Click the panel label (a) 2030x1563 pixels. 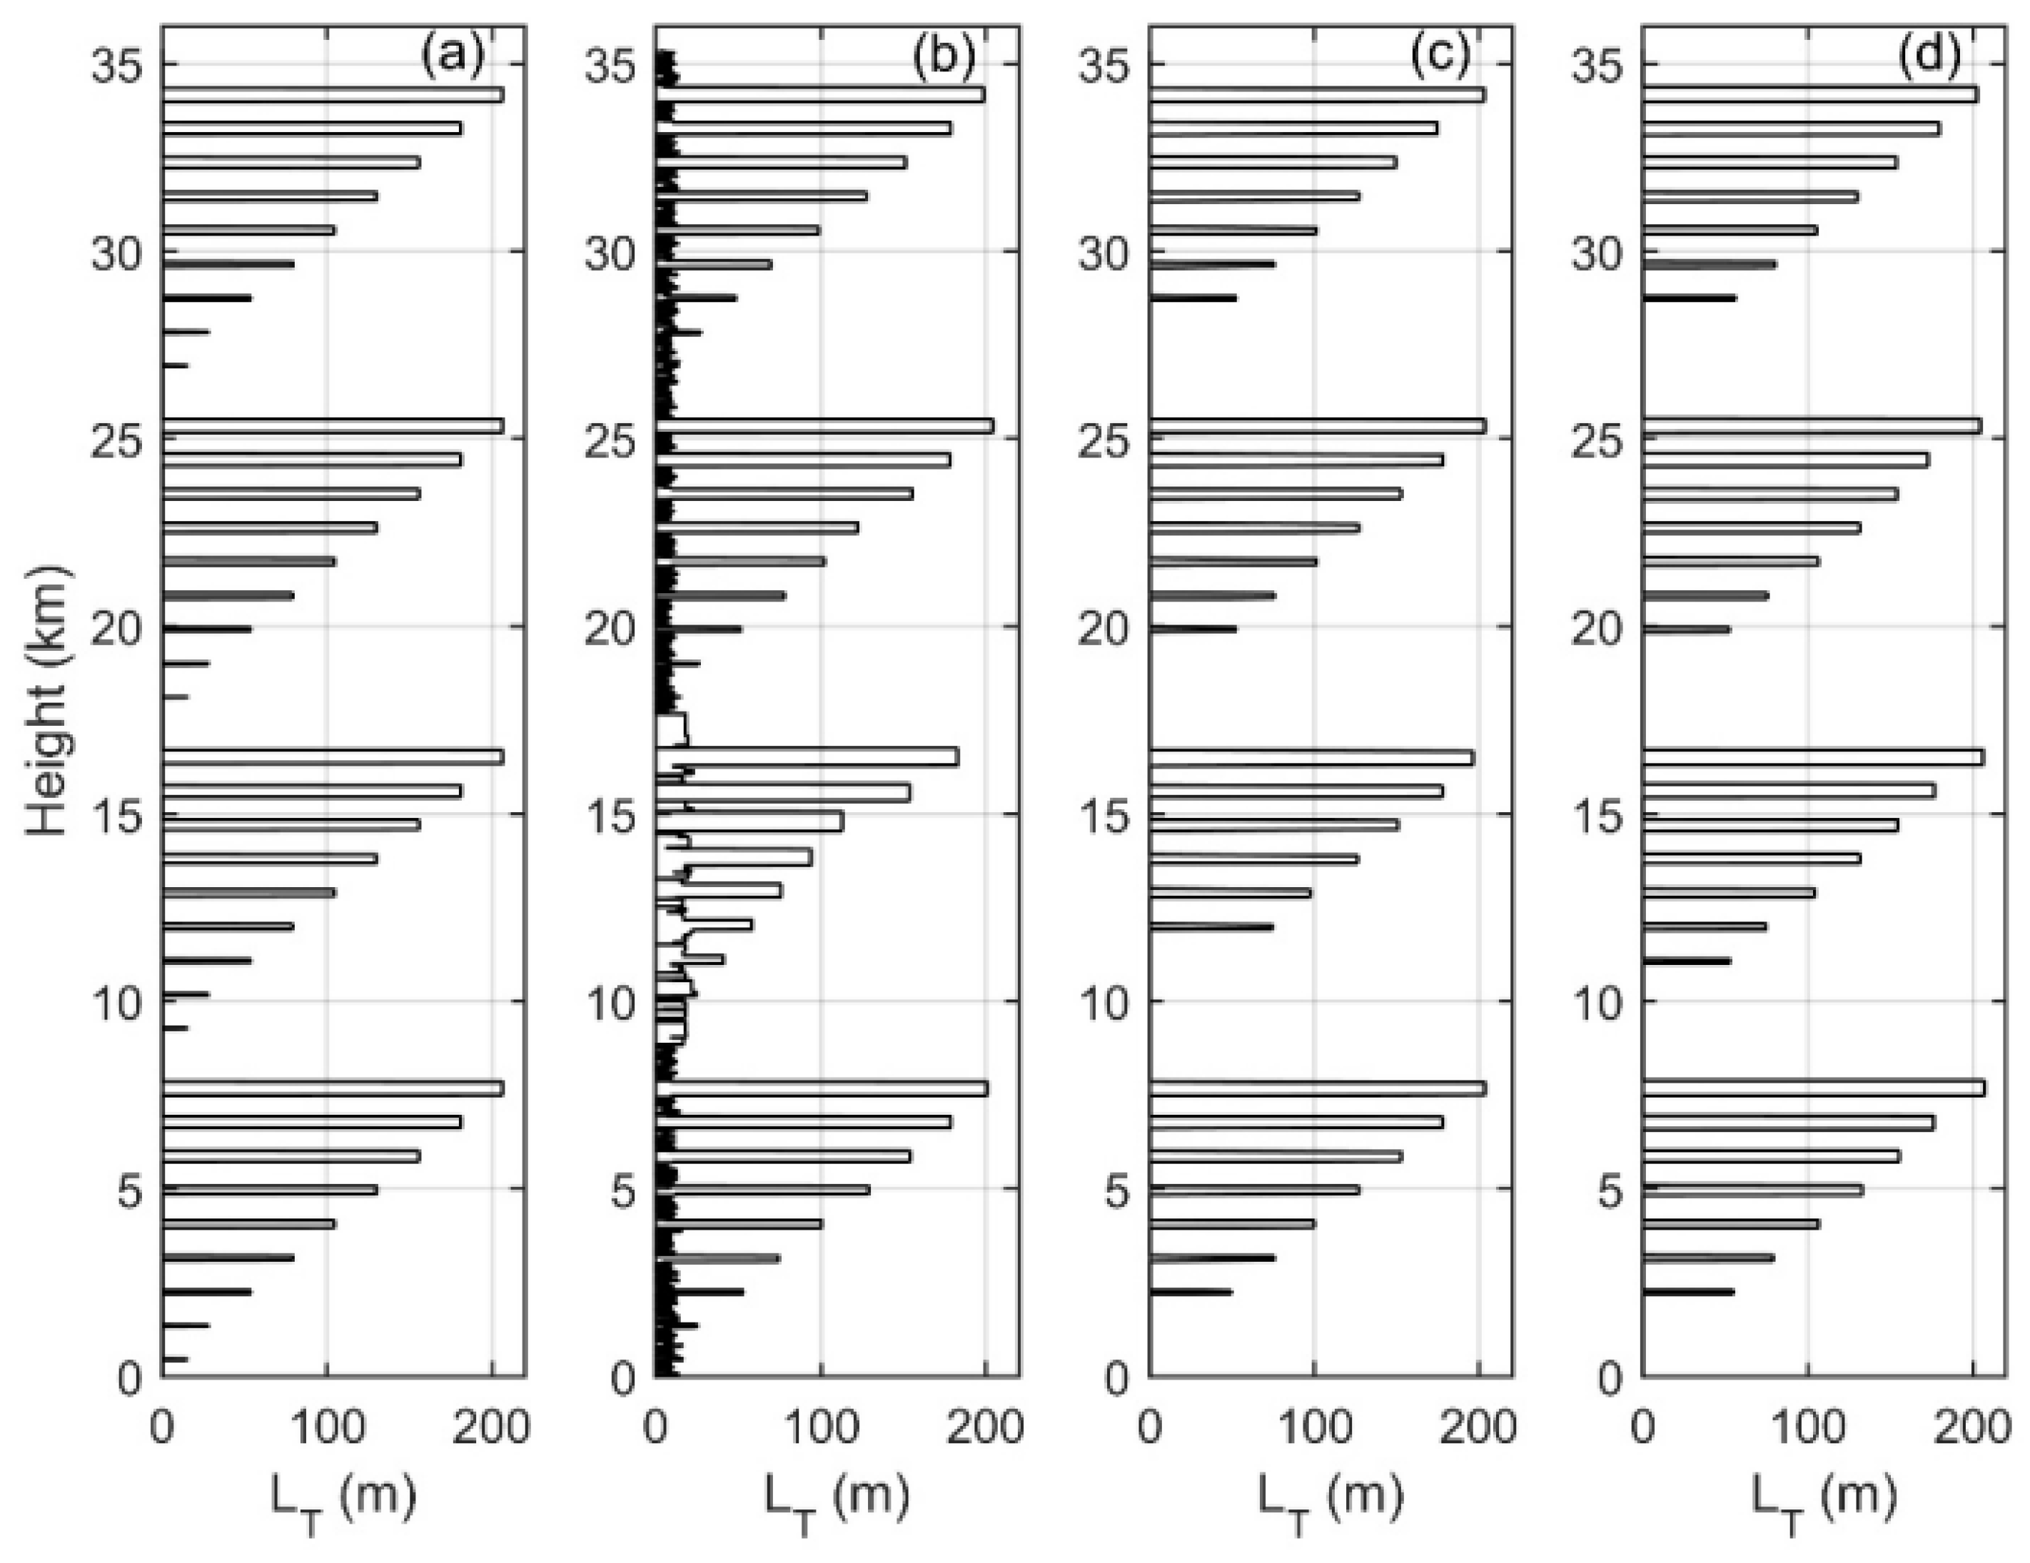point(453,58)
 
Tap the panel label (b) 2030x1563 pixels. point(944,58)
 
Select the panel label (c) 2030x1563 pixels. point(1440,58)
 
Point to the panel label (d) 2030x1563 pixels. point(1931,58)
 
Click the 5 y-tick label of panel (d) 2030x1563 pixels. point(1612,1191)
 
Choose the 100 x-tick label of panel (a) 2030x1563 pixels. point(326,1427)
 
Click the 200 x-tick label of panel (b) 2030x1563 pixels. point(985,1427)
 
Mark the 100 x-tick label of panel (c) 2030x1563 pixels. point(1313,1427)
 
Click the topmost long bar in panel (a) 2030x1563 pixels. point(333,95)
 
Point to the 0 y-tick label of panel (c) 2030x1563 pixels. point(1116,1379)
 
